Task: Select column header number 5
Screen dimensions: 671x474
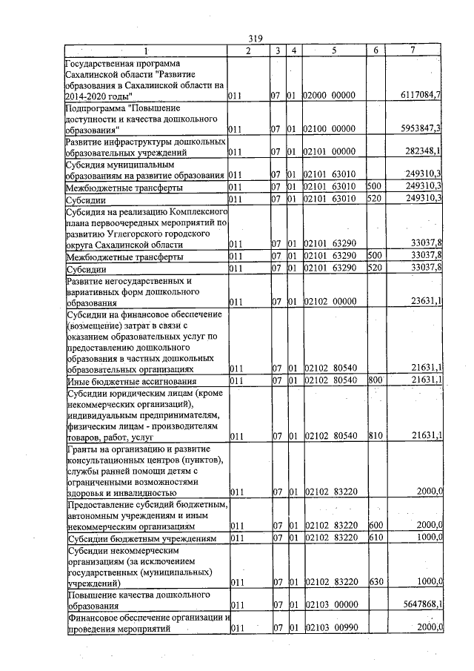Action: pyautogui.click(x=334, y=50)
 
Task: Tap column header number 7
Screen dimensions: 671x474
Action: pyautogui.click(x=413, y=50)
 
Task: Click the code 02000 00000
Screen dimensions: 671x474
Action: pyautogui.click(x=330, y=96)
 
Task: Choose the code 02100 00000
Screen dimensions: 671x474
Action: pyautogui.click(x=330, y=129)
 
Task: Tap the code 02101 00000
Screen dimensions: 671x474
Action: pyautogui.click(x=330, y=152)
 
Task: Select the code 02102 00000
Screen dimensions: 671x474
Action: pyautogui.click(x=330, y=303)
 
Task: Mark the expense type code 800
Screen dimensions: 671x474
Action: pyautogui.click(x=374, y=380)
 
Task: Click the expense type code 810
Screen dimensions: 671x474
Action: pyautogui.click(x=374, y=436)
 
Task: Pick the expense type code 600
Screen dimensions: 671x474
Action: pyautogui.click(x=374, y=525)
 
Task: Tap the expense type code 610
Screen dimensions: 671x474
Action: pyautogui.click(x=374, y=537)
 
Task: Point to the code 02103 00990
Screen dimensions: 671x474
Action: pyautogui.click(x=330, y=628)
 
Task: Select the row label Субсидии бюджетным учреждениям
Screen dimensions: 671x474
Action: pyautogui.click(x=141, y=538)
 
